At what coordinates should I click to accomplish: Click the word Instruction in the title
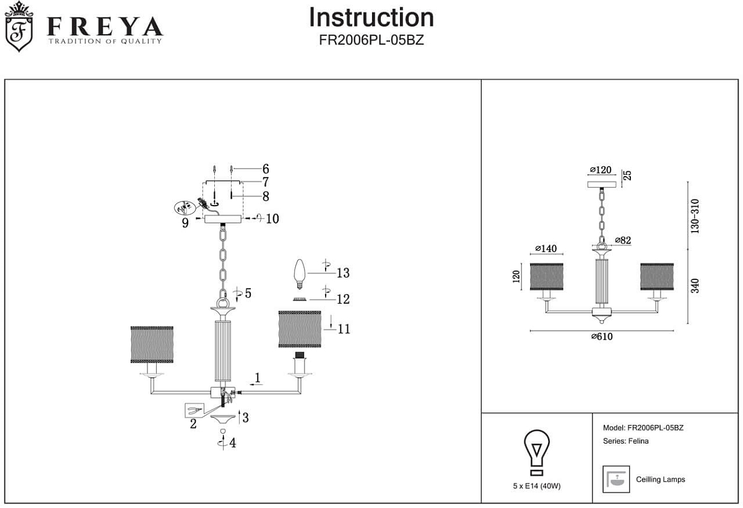click(x=371, y=17)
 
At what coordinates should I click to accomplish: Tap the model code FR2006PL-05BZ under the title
click(x=371, y=40)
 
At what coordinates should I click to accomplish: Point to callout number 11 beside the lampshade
click(x=344, y=329)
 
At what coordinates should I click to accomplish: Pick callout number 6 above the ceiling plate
click(x=266, y=169)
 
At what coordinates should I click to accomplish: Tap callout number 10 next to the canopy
click(x=272, y=219)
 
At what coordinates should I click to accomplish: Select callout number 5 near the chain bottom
click(x=248, y=293)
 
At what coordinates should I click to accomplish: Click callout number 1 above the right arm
click(x=258, y=377)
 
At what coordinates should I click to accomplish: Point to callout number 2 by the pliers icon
click(x=193, y=424)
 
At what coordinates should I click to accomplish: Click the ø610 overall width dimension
click(x=602, y=336)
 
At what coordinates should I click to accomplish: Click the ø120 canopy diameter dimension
click(x=601, y=170)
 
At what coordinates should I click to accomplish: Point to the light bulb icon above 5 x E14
click(x=537, y=451)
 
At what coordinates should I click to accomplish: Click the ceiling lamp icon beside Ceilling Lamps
click(x=615, y=480)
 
